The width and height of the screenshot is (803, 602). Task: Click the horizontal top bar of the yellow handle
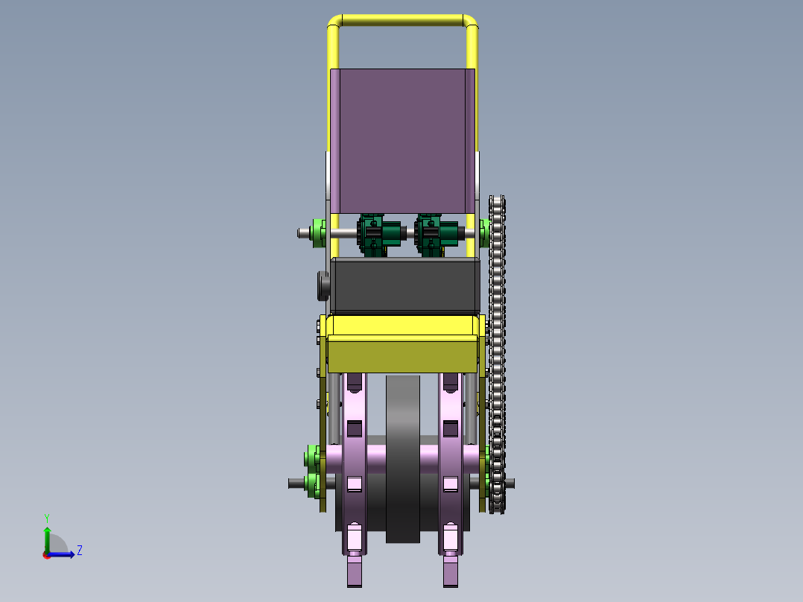click(x=402, y=21)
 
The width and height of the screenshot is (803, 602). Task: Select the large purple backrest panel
click(x=402, y=141)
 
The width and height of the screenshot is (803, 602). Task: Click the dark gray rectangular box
click(x=405, y=286)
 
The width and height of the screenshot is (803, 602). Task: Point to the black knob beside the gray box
click(x=323, y=285)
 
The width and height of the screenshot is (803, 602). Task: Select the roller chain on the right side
click(x=497, y=354)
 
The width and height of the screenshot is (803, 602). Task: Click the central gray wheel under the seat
click(x=403, y=458)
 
